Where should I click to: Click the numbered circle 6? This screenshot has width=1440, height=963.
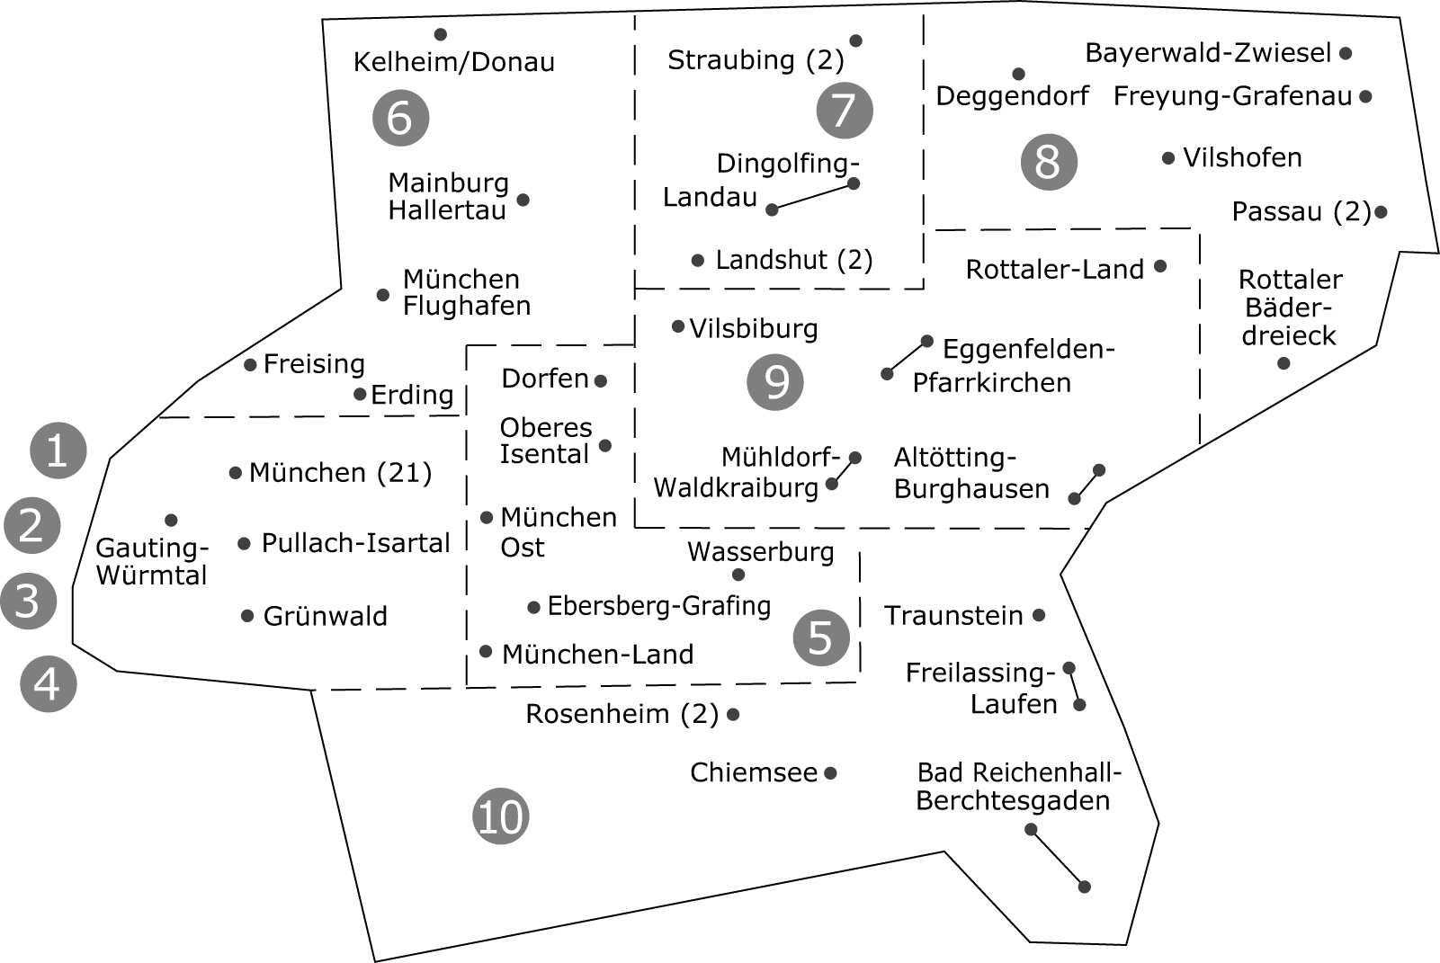(x=400, y=118)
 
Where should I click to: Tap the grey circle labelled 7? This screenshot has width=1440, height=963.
(x=845, y=111)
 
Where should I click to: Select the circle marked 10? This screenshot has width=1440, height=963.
(x=501, y=816)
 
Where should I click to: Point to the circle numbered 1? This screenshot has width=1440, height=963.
(x=58, y=450)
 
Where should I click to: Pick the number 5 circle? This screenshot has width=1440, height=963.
(x=821, y=638)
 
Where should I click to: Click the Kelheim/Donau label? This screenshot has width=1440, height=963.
(x=454, y=62)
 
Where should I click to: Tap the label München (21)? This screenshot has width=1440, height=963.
(x=340, y=472)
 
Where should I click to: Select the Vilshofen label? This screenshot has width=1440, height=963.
(x=1243, y=157)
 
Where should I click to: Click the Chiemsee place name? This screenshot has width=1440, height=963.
(x=754, y=772)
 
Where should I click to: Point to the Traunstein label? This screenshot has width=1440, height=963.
(x=953, y=615)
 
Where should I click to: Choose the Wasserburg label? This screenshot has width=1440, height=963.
(x=761, y=551)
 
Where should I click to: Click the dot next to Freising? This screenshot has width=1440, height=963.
(x=250, y=365)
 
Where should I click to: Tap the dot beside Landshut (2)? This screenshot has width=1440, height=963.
(x=697, y=261)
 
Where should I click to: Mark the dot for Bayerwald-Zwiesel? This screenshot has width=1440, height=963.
(x=1346, y=53)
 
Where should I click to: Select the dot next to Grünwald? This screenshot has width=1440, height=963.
(x=246, y=616)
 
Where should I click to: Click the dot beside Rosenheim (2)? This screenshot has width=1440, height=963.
(x=733, y=714)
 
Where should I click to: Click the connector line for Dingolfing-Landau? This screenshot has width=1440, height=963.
(x=812, y=197)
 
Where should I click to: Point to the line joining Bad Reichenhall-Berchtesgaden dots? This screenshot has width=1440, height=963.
(x=1058, y=858)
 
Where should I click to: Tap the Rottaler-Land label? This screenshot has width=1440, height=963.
(x=1055, y=270)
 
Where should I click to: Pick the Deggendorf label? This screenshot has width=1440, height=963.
(x=1013, y=96)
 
